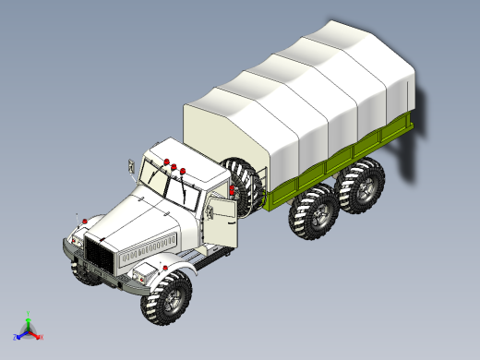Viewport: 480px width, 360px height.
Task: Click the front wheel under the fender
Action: coord(167,300)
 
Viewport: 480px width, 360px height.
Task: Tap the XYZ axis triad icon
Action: coord(28,328)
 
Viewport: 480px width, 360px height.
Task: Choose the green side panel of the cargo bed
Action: coord(342,157)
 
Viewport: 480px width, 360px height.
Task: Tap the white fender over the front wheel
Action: coord(171,269)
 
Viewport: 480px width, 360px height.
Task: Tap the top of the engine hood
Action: coord(129,217)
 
